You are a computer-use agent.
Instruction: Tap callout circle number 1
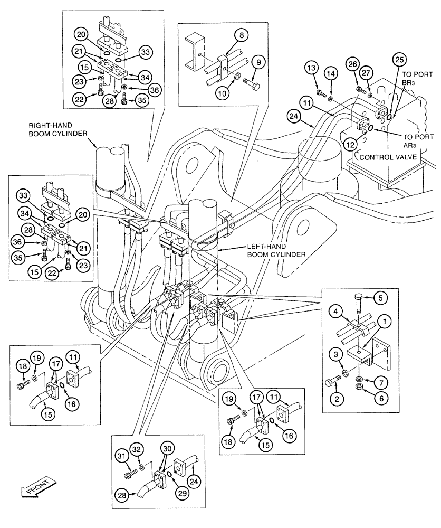pos(387,335)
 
